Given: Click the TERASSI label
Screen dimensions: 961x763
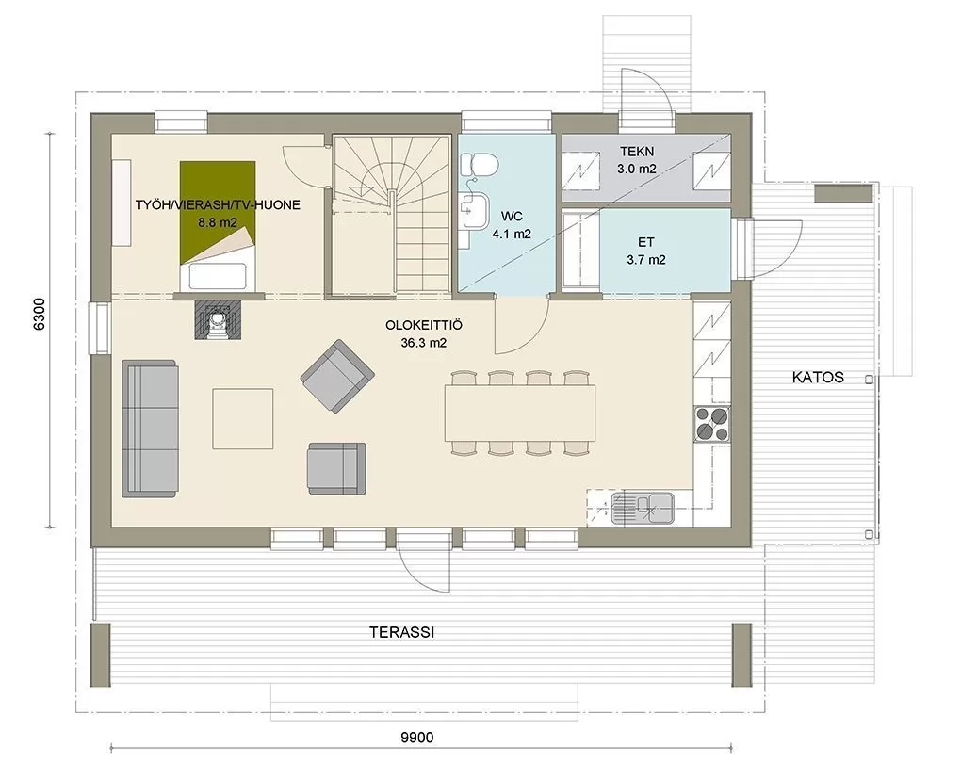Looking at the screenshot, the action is pyautogui.click(x=402, y=632).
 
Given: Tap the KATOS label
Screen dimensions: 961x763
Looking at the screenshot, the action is pyautogui.click(x=818, y=377).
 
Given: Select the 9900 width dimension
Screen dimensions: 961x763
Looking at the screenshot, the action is pyautogui.click(x=417, y=738).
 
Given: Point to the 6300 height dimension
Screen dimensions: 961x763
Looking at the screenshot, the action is pyautogui.click(x=40, y=314).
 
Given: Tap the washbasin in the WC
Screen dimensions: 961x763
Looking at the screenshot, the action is pyautogui.click(x=476, y=210).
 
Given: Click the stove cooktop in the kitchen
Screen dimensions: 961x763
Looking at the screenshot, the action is pyautogui.click(x=711, y=424).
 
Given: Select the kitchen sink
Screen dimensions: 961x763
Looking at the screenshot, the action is pyautogui.click(x=643, y=508).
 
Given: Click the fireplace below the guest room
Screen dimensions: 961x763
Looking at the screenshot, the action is pyautogui.click(x=219, y=318).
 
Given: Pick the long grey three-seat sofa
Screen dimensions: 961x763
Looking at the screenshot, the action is pyautogui.click(x=150, y=429).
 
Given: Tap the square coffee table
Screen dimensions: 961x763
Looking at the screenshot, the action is pyautogui.click(x=243, y=418).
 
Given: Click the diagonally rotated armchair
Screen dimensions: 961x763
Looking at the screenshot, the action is pyautogui.click(x=337, y=376).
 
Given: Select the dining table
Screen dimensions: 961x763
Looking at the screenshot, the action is pyautogui.click(x=520, y=413).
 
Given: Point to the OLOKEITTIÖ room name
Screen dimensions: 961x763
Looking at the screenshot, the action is pyautogui.click(x=424, y=325).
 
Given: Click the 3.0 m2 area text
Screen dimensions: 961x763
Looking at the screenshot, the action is pyautogui.click(x=637, y=169).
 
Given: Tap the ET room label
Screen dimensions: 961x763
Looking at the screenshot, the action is pyautogui.click(x=645, y=242).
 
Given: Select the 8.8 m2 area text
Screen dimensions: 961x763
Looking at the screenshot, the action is pyautogui.click(x=218, y=222).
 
